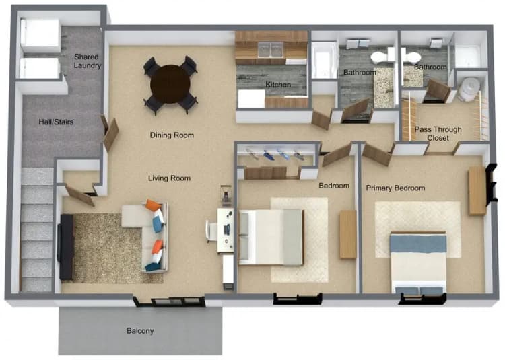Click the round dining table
170,83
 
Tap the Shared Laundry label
88,61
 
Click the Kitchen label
277,85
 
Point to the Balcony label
140,331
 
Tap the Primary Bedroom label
395,188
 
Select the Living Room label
169,178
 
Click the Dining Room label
172,135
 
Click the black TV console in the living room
66,246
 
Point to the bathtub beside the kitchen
324,61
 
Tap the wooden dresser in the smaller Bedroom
347,234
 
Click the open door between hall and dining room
110,133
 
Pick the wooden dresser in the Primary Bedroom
477,190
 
